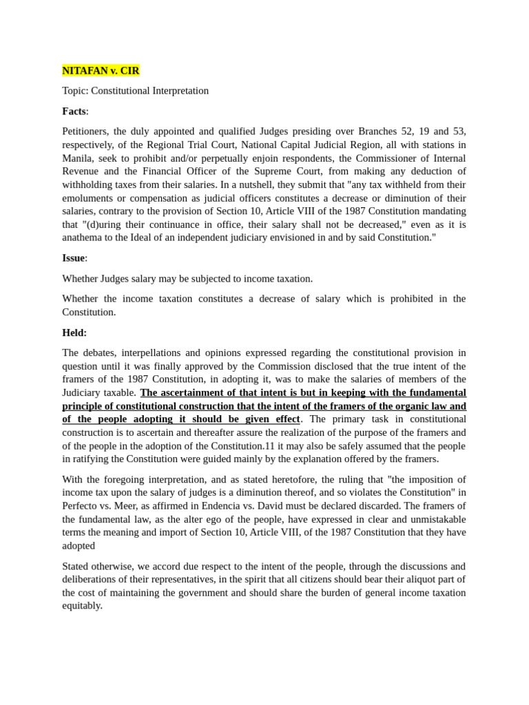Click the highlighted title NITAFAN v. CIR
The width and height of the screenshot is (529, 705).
[x=101, y=71]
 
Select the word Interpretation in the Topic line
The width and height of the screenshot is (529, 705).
[x=179, y=91]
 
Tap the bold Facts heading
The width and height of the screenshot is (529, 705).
[x=74, y=112]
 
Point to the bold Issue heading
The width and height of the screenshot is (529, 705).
[x=74, y=258]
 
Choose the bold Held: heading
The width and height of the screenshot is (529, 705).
[x=74, y=333]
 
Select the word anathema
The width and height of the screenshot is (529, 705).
[x=84, y=238]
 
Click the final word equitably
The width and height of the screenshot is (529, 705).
[x=82, y=606]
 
